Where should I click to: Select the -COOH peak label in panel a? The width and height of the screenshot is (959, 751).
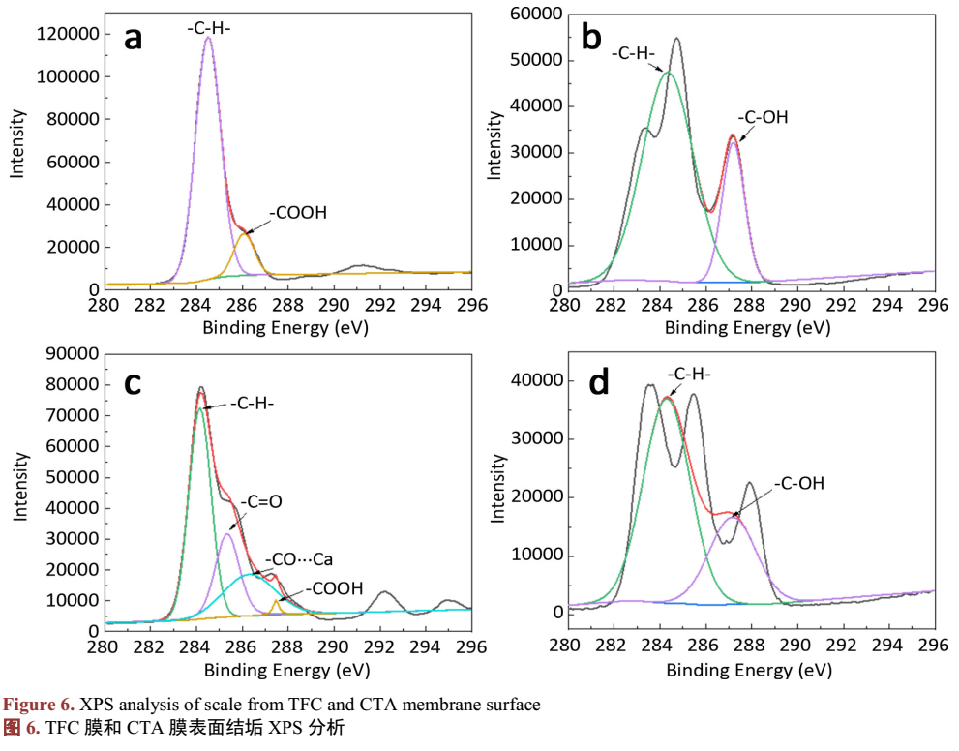298,212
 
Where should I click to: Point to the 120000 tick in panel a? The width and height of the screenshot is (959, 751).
67,34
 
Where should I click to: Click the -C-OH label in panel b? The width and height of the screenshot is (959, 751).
763,117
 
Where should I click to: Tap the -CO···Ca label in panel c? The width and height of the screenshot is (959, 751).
298,558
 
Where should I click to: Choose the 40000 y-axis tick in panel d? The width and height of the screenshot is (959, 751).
533,381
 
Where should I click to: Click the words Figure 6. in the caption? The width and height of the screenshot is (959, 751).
42,705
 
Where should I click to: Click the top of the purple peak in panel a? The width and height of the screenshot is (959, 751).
208,38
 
